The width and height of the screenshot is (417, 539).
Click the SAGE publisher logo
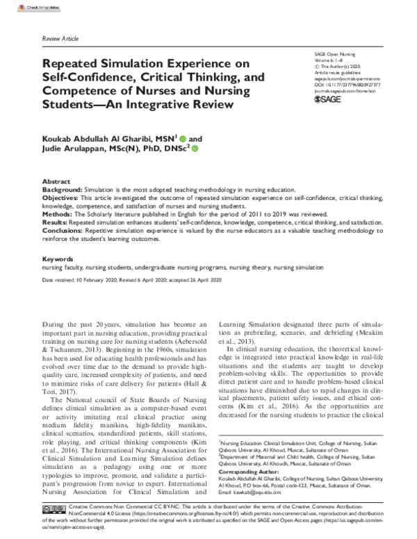pos(329,100)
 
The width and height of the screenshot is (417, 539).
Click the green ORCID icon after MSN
pos(183,139)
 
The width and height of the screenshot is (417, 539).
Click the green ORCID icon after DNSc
pos(195,149)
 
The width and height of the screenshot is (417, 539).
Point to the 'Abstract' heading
pos(56,179)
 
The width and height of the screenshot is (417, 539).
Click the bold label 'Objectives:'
pos(62,197)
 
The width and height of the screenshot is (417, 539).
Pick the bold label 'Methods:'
pos(58,216)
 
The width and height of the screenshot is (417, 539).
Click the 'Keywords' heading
pos(58,258)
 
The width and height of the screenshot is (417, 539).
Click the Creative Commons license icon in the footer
pos(54,511)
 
